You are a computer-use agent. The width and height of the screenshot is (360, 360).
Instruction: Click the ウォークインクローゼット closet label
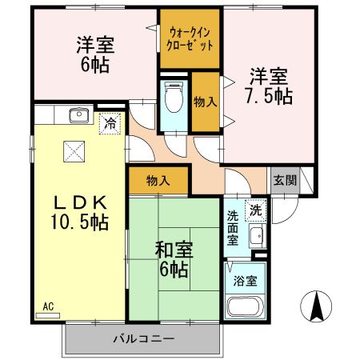191,39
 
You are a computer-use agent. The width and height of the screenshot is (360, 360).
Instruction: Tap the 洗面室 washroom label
232,227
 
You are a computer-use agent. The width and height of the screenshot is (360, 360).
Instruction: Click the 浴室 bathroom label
246,282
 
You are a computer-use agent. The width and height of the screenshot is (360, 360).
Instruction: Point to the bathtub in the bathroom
245,307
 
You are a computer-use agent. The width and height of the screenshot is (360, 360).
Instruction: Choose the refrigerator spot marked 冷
108,124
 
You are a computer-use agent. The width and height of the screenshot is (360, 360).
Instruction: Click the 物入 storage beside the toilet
205,102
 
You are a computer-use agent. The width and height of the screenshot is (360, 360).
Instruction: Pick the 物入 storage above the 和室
158,181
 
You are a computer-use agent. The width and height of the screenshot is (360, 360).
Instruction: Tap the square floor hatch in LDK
74,151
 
